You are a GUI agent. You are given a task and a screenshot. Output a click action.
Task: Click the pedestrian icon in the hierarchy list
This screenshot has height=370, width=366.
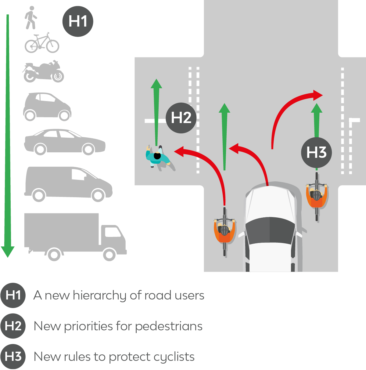[x=30, y=18]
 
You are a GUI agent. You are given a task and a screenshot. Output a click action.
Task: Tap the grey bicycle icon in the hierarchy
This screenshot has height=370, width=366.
[x=42, y=43]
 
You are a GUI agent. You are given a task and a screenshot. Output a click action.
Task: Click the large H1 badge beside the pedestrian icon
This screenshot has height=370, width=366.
[x=78, y=21]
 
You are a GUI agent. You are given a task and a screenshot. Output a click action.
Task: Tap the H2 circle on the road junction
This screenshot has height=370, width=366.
[x=181, y=118]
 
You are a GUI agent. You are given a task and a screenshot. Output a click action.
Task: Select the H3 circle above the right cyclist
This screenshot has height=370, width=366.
[x=316, y=152]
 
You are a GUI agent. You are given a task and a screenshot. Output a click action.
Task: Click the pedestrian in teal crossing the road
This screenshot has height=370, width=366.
[x=157, y=157]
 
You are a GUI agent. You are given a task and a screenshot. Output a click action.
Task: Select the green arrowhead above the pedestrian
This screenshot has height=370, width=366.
[x=156, y=84]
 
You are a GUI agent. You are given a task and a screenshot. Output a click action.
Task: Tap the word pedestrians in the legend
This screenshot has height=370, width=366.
[x=169, y=326]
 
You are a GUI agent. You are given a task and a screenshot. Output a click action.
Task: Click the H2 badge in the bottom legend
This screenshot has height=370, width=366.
[x=13, y=326]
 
